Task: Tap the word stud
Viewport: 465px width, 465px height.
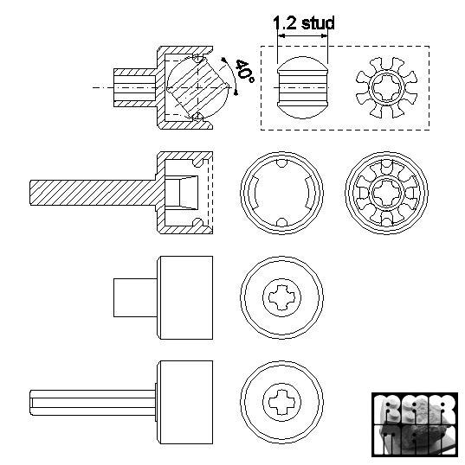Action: (316, 23)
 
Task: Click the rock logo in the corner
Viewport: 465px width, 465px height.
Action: (413, 424)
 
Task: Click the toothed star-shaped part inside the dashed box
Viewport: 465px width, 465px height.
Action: (386, 87)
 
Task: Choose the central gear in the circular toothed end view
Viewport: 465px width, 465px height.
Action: (386, 193)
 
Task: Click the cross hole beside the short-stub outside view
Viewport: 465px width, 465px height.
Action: (282, 298)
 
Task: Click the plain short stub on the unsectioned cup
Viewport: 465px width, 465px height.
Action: (134, 298)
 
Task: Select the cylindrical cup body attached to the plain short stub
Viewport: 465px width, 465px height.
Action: (184, 298)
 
